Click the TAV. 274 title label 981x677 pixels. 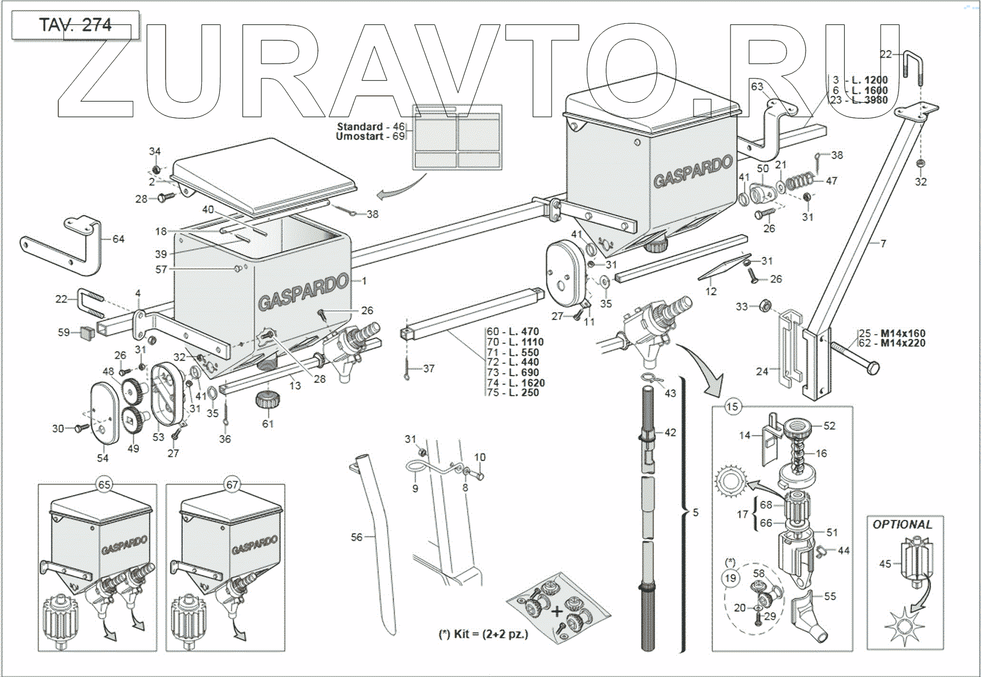[75, 25]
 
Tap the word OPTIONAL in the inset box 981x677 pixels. [902, 525]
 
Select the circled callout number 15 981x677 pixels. [732, 407]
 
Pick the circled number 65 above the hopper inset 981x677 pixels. [104, 485]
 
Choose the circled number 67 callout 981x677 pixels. [232, 485]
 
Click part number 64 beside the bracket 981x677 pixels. [118, 239]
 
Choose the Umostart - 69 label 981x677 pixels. [370, 136]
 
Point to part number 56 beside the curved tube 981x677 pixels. [357, 537]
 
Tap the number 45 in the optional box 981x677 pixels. [885, 563]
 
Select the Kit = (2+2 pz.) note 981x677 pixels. [483, 634]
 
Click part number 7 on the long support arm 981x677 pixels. [883, 243]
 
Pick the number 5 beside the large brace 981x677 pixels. [695, 512]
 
